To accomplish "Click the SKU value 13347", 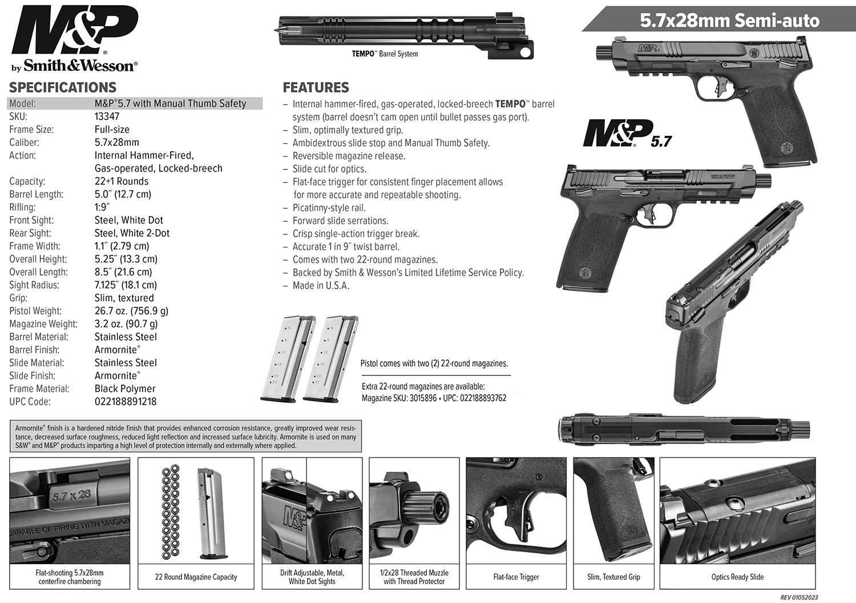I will (x=107, y=116).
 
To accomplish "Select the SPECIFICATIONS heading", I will (x=63, y=87).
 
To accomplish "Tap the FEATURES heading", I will (x=316, y=87).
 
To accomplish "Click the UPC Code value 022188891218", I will (x=125, y=402).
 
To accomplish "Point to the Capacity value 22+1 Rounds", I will (x=121, y=181).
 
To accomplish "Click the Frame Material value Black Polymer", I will (x=124, y=388).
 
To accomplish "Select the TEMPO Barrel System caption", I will (x=385, y=54).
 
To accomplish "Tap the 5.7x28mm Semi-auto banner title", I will (x=729, y=21).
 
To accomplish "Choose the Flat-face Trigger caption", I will (x=516, y=577).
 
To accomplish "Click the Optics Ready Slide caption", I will (x=737, y=577).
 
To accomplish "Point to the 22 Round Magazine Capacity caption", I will (x=196, y=577).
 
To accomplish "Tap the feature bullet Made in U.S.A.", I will (x=321, y=286).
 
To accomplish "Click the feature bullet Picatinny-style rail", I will (x=329, y=208).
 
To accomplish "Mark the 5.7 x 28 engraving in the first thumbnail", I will (x=71, y=495).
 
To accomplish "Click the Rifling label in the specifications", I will (x=22, y=207).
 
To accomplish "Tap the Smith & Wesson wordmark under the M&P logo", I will (x=79, y=66).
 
